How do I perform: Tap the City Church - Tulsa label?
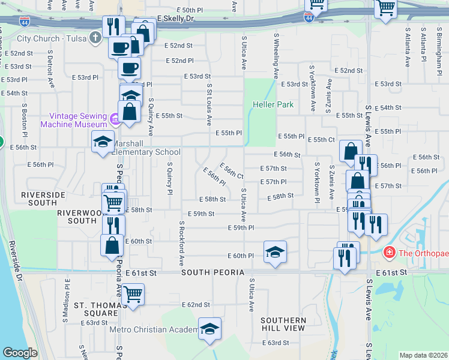point(50,39)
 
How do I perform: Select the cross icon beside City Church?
point(94,38)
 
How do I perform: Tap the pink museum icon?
point(115,120)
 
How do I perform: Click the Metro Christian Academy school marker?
point(209,329)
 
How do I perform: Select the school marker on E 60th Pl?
point(275,251)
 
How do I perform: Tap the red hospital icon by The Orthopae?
point(390,252)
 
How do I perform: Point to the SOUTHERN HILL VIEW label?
point(284,325)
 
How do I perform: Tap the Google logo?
point(20,352)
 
